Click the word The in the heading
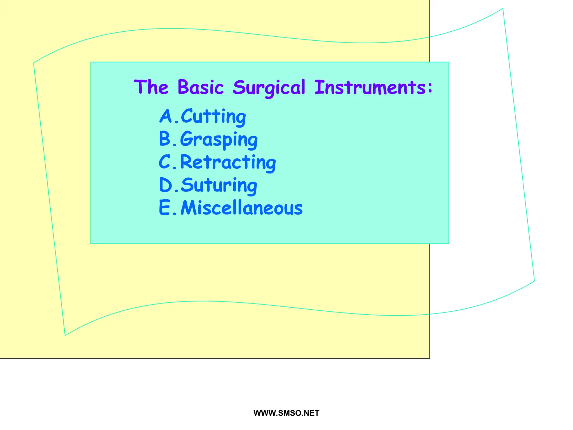point(151,87)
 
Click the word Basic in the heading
point(201,87)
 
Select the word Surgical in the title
point(269,88)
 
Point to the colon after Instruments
point(430,87)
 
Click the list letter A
point(166,116)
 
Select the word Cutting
point(213,116)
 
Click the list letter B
point(165,139)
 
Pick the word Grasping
point(219,140)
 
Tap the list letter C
point(165,162)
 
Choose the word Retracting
point(228,162)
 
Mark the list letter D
point(166,185)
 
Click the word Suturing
point(219,185)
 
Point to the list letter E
point(165,208)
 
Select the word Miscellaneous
point(241,208)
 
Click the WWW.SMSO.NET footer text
point(286,413)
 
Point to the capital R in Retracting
point(186,162)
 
